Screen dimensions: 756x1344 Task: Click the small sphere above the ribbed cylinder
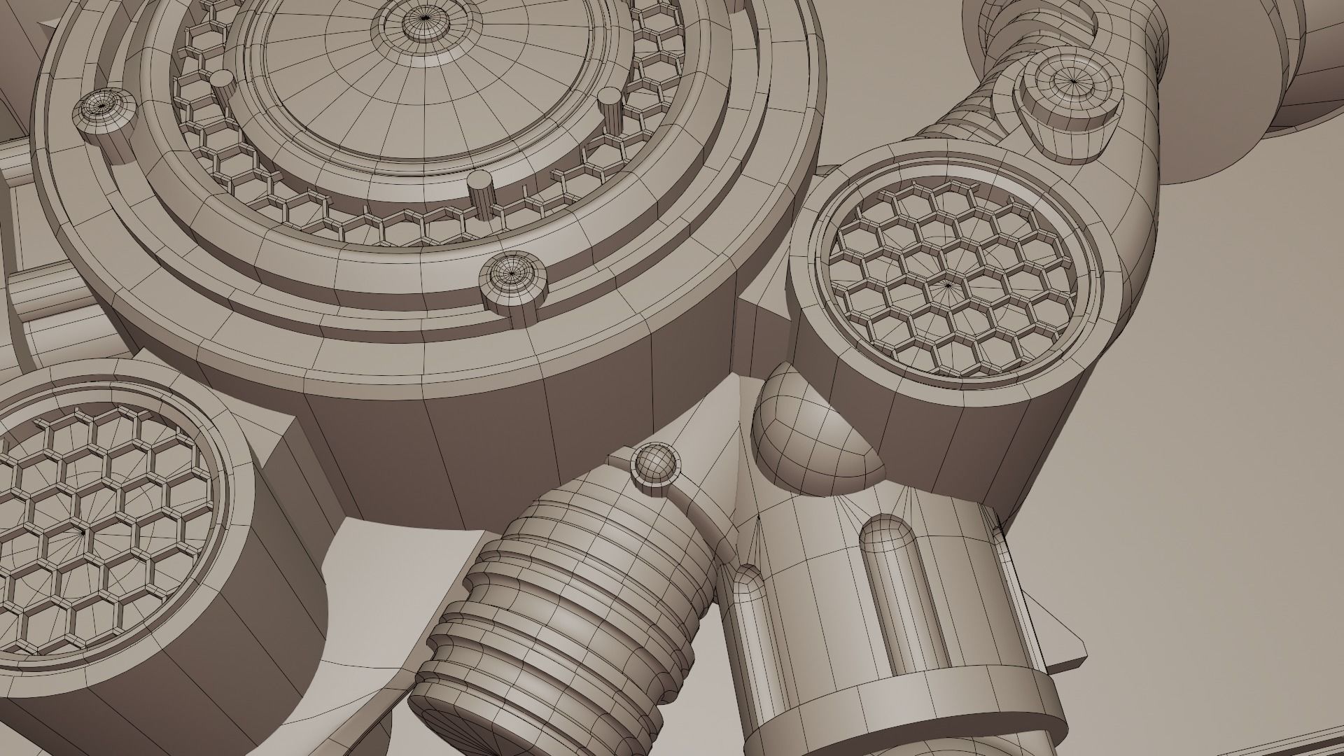click(655, 463)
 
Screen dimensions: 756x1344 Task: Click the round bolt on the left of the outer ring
click(105, 112)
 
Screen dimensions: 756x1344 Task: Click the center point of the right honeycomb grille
click(948, 285)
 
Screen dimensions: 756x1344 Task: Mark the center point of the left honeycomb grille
click(84, 532)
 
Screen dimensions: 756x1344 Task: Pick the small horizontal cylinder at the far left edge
click(42, 294)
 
